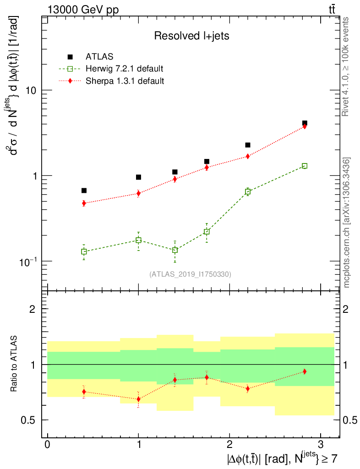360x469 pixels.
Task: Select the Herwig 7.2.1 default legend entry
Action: click(124, 69)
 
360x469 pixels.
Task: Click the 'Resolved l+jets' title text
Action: click(191, 36)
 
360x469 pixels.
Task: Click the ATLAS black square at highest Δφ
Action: click(305, 123)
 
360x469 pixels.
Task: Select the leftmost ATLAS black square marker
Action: click(84, 191)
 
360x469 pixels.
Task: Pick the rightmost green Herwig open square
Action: click(305, 166)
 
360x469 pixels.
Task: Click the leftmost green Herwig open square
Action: click(84, 251)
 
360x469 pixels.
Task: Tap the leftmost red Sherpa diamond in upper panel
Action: click(84, 203)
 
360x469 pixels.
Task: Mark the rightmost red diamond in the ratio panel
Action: click(305, 371)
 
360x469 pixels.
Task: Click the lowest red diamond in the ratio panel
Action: click(138, 399)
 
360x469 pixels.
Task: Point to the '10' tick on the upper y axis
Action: click(31, 90)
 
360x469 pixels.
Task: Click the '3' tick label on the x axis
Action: click(320, 445)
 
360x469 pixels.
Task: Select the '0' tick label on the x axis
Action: click(48, 445)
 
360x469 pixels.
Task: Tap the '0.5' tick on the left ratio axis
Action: click(28, 420)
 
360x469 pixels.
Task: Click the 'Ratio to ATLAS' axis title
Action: click(14, 364)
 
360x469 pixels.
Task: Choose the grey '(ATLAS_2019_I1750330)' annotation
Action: click(190, 274)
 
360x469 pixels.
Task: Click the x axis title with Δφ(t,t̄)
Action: click(282, 458)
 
